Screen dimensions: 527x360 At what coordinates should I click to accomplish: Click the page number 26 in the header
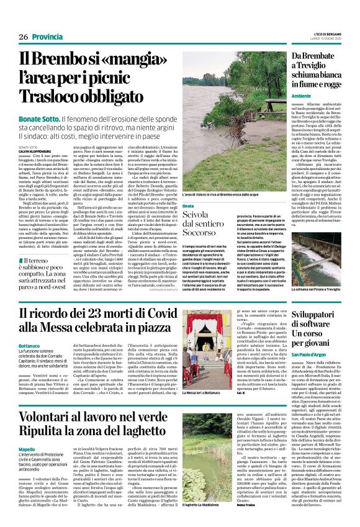[23, 37]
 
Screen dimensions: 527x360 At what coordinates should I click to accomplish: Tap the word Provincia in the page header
[47, 37]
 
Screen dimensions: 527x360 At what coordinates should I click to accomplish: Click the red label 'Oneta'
[171, 204]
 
